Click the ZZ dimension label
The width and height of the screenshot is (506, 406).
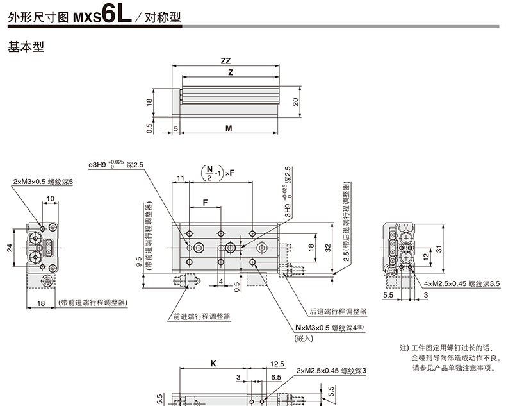pos(225,61)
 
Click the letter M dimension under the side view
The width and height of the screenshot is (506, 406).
pos(229,128)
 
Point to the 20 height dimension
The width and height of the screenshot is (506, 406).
pos(296,102)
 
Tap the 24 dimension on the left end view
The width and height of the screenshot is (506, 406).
pos(10,248)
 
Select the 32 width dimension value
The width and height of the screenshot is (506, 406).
pos(328,248)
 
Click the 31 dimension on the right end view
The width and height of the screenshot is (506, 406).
pos(439,249)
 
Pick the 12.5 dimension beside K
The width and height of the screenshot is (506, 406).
pos(277,364)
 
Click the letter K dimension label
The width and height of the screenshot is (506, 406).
pos(213,364)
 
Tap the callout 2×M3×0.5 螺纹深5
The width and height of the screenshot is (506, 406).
pos(43,182)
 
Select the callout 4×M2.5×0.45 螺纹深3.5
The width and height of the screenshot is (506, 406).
pos(462,283)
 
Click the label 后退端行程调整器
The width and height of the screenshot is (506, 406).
pos(338,311)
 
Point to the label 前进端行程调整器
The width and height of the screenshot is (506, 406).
pos(202,316)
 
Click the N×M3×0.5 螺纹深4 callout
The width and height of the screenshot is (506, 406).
pos(329,328)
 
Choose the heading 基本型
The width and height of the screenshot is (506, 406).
pos(26,47)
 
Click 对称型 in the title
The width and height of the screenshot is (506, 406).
pos(163,17)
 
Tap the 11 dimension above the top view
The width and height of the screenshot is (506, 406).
pos(181,178)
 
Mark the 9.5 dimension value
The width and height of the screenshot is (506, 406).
pos(139,262)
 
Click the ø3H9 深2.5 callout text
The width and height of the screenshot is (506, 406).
pos(116,164)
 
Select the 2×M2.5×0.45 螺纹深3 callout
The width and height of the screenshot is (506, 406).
pos(331,371)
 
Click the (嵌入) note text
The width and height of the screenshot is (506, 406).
pos(304,339)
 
